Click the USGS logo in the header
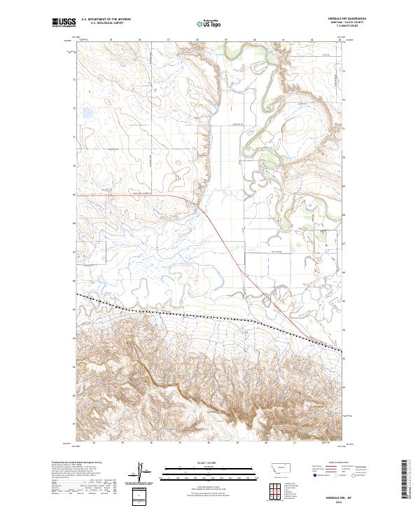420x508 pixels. [64, 22]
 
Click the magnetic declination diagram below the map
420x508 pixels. [141, 473]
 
